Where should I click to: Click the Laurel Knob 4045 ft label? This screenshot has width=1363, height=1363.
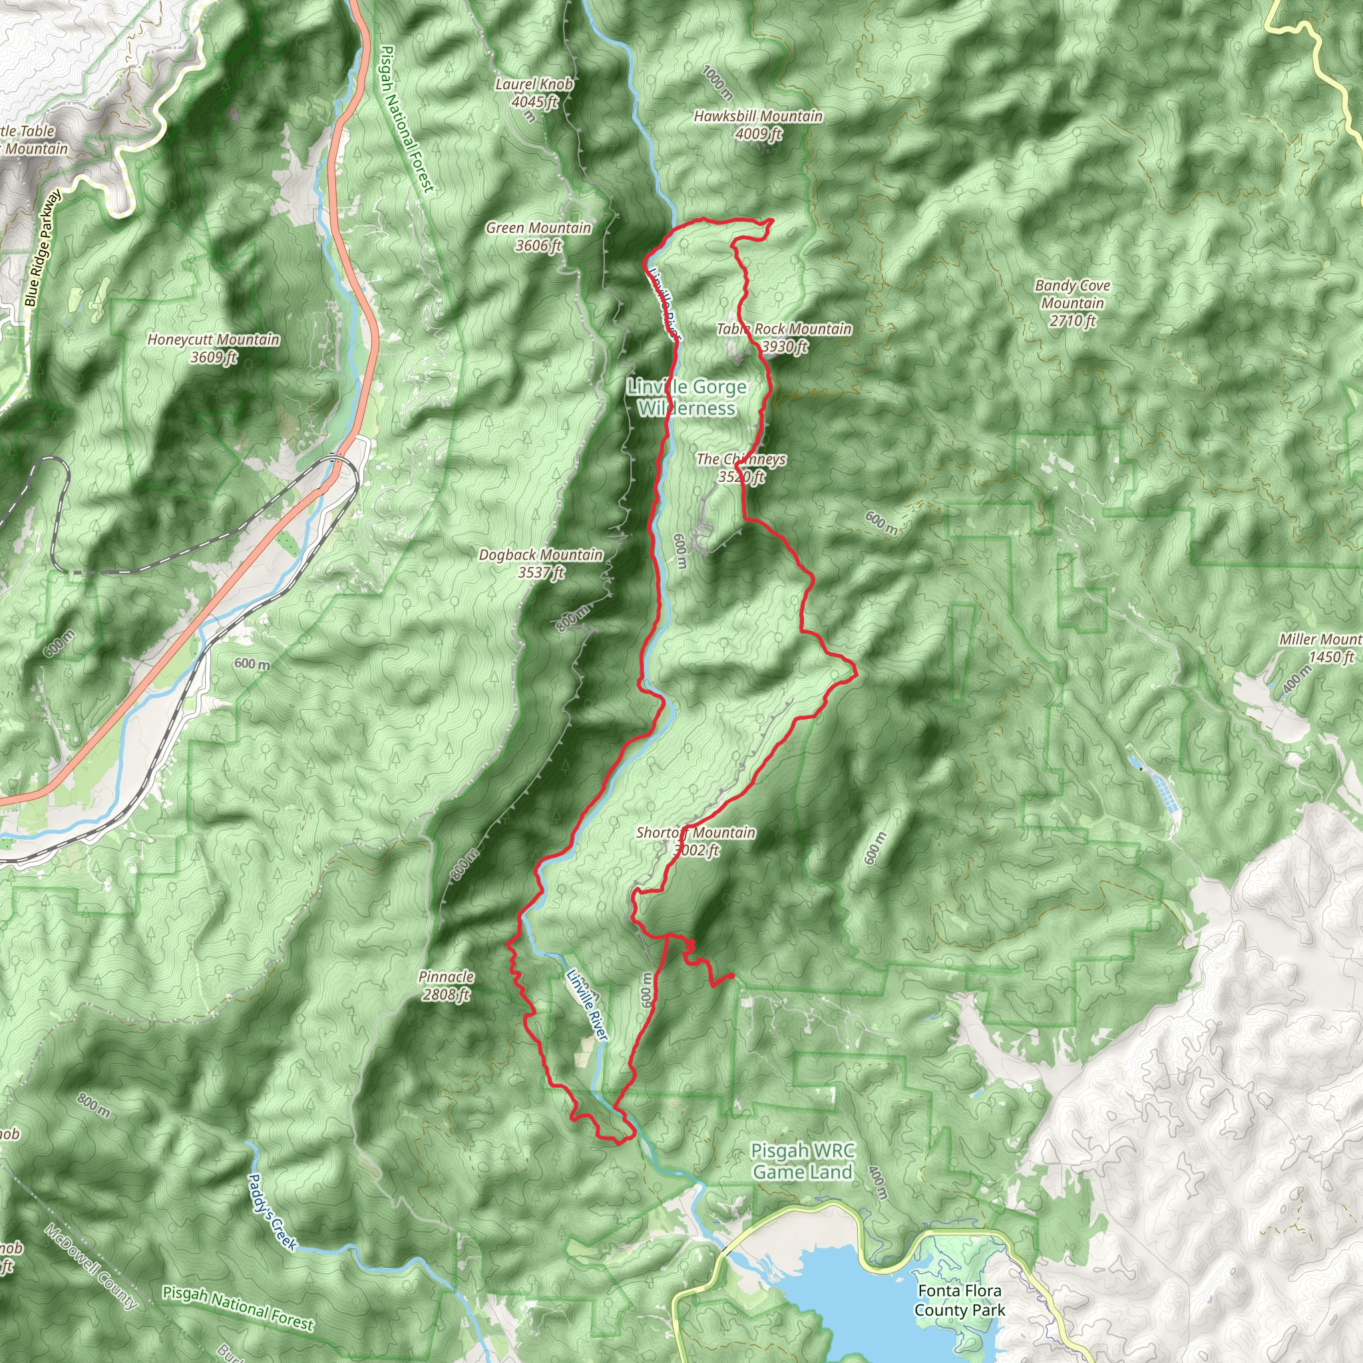tap(534, 93)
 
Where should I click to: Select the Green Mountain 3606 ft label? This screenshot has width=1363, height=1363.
tap(538, 236)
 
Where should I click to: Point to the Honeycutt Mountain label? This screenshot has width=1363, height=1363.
tap(214, 348)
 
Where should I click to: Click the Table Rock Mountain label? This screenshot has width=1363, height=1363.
tap(785, 337)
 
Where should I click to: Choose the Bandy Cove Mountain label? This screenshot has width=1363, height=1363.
tap(1072, 303)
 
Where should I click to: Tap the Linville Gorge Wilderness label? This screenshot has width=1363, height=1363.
tap(686, 397)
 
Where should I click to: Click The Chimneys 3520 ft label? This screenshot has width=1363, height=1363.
tap(741, 468)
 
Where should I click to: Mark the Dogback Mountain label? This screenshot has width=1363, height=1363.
tap(540, 564)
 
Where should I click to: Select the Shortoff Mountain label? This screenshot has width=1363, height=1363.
tap(695, 841)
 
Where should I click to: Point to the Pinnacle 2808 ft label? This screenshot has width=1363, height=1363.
tap(446, 986)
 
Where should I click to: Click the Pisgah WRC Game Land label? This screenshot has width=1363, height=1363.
tap(802, 1161)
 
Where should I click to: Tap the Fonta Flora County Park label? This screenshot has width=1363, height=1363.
tap(960, 1300)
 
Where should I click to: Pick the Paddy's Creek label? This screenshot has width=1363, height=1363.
tap(272, 1211)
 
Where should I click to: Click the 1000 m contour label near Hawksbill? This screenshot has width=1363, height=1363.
tap(717, 83)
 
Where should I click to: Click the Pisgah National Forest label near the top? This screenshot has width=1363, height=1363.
tap(407, 118)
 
